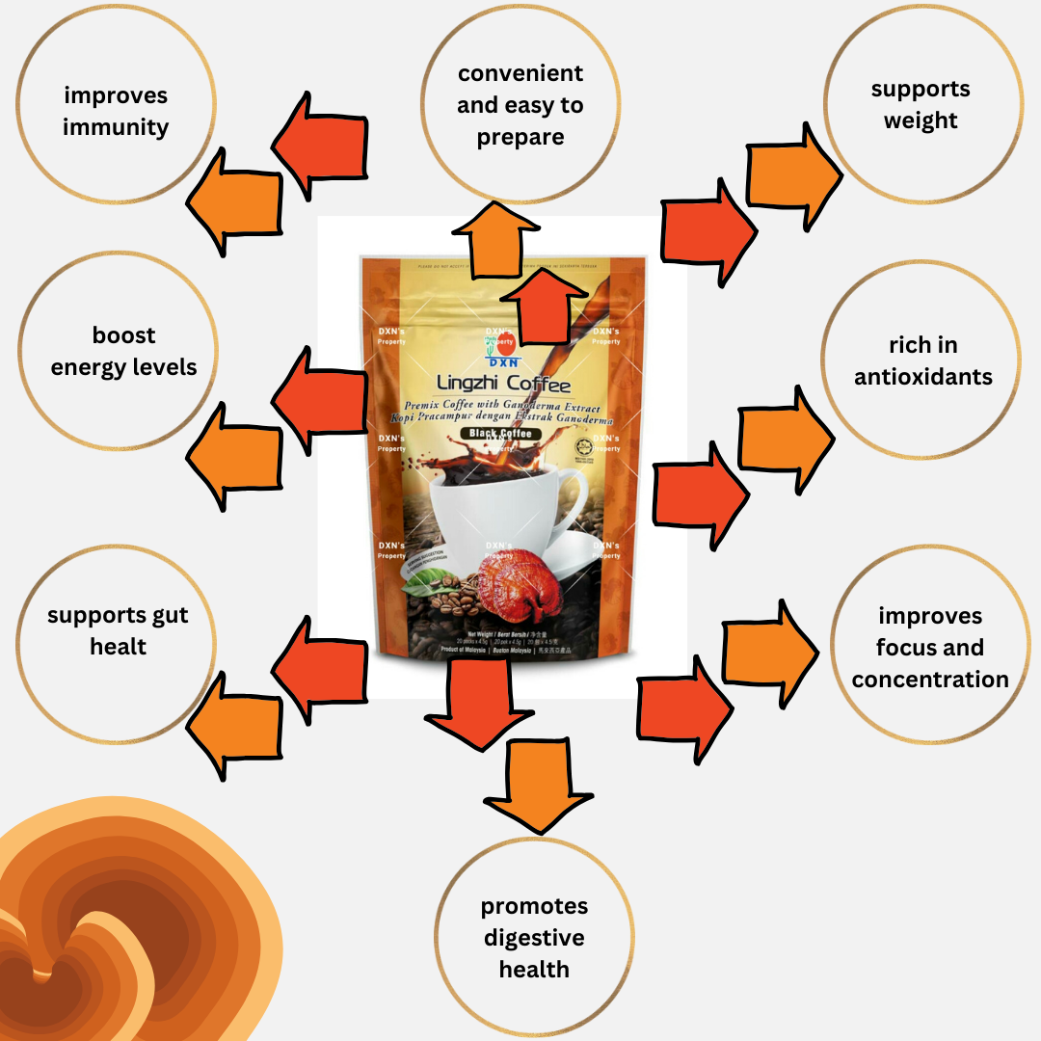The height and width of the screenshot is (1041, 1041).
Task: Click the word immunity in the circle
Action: tap(116, 127)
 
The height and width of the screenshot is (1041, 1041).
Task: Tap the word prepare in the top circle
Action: tap(520, 137)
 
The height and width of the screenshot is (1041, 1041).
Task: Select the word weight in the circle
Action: tap(921, 120)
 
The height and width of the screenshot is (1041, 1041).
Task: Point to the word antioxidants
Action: tap(922, 377)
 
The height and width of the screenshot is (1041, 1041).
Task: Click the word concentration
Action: tap(929, 680)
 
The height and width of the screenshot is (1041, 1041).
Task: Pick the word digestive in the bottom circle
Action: tap(534, 938)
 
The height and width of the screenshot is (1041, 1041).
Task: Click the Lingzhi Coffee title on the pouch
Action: tap(503, 386)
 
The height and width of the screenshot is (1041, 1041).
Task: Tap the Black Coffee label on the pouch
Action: tap(500, 435)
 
